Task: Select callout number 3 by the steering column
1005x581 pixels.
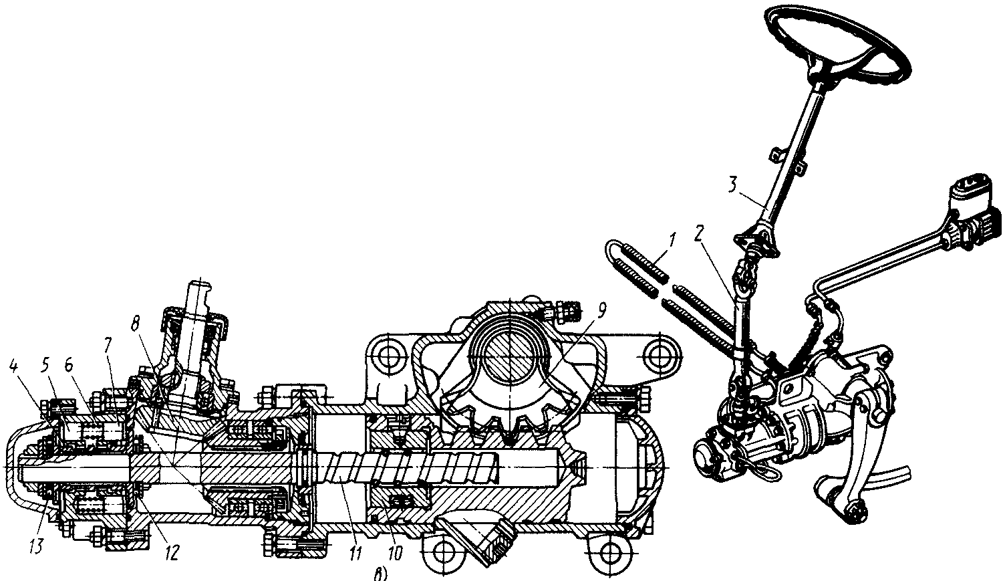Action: click(732, 185)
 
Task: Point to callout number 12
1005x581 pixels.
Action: click(171, 553)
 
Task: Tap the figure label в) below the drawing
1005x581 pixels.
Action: click(380, 573)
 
